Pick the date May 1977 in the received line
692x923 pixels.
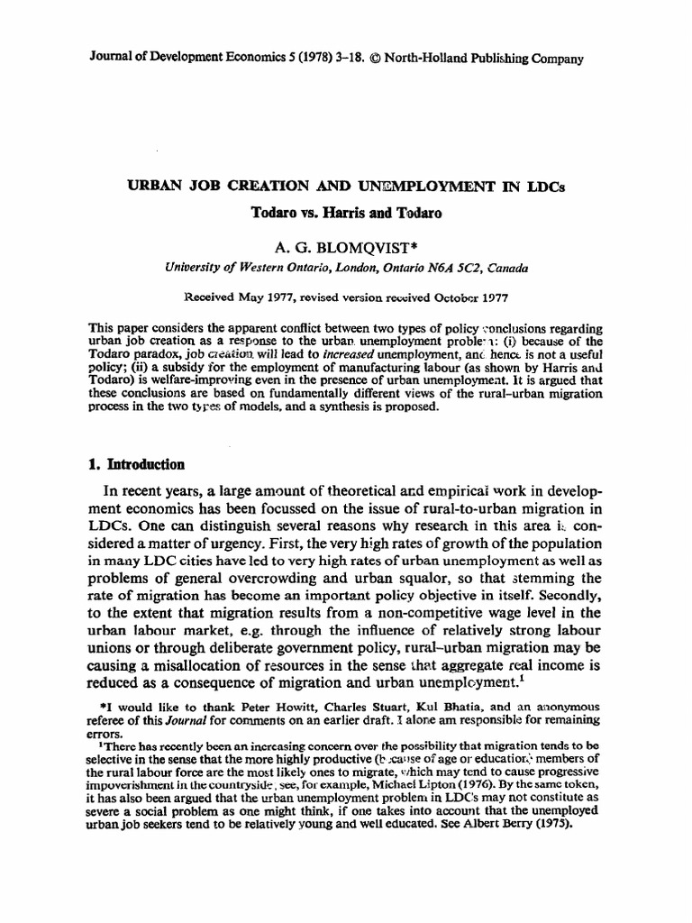tap(271, 296)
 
